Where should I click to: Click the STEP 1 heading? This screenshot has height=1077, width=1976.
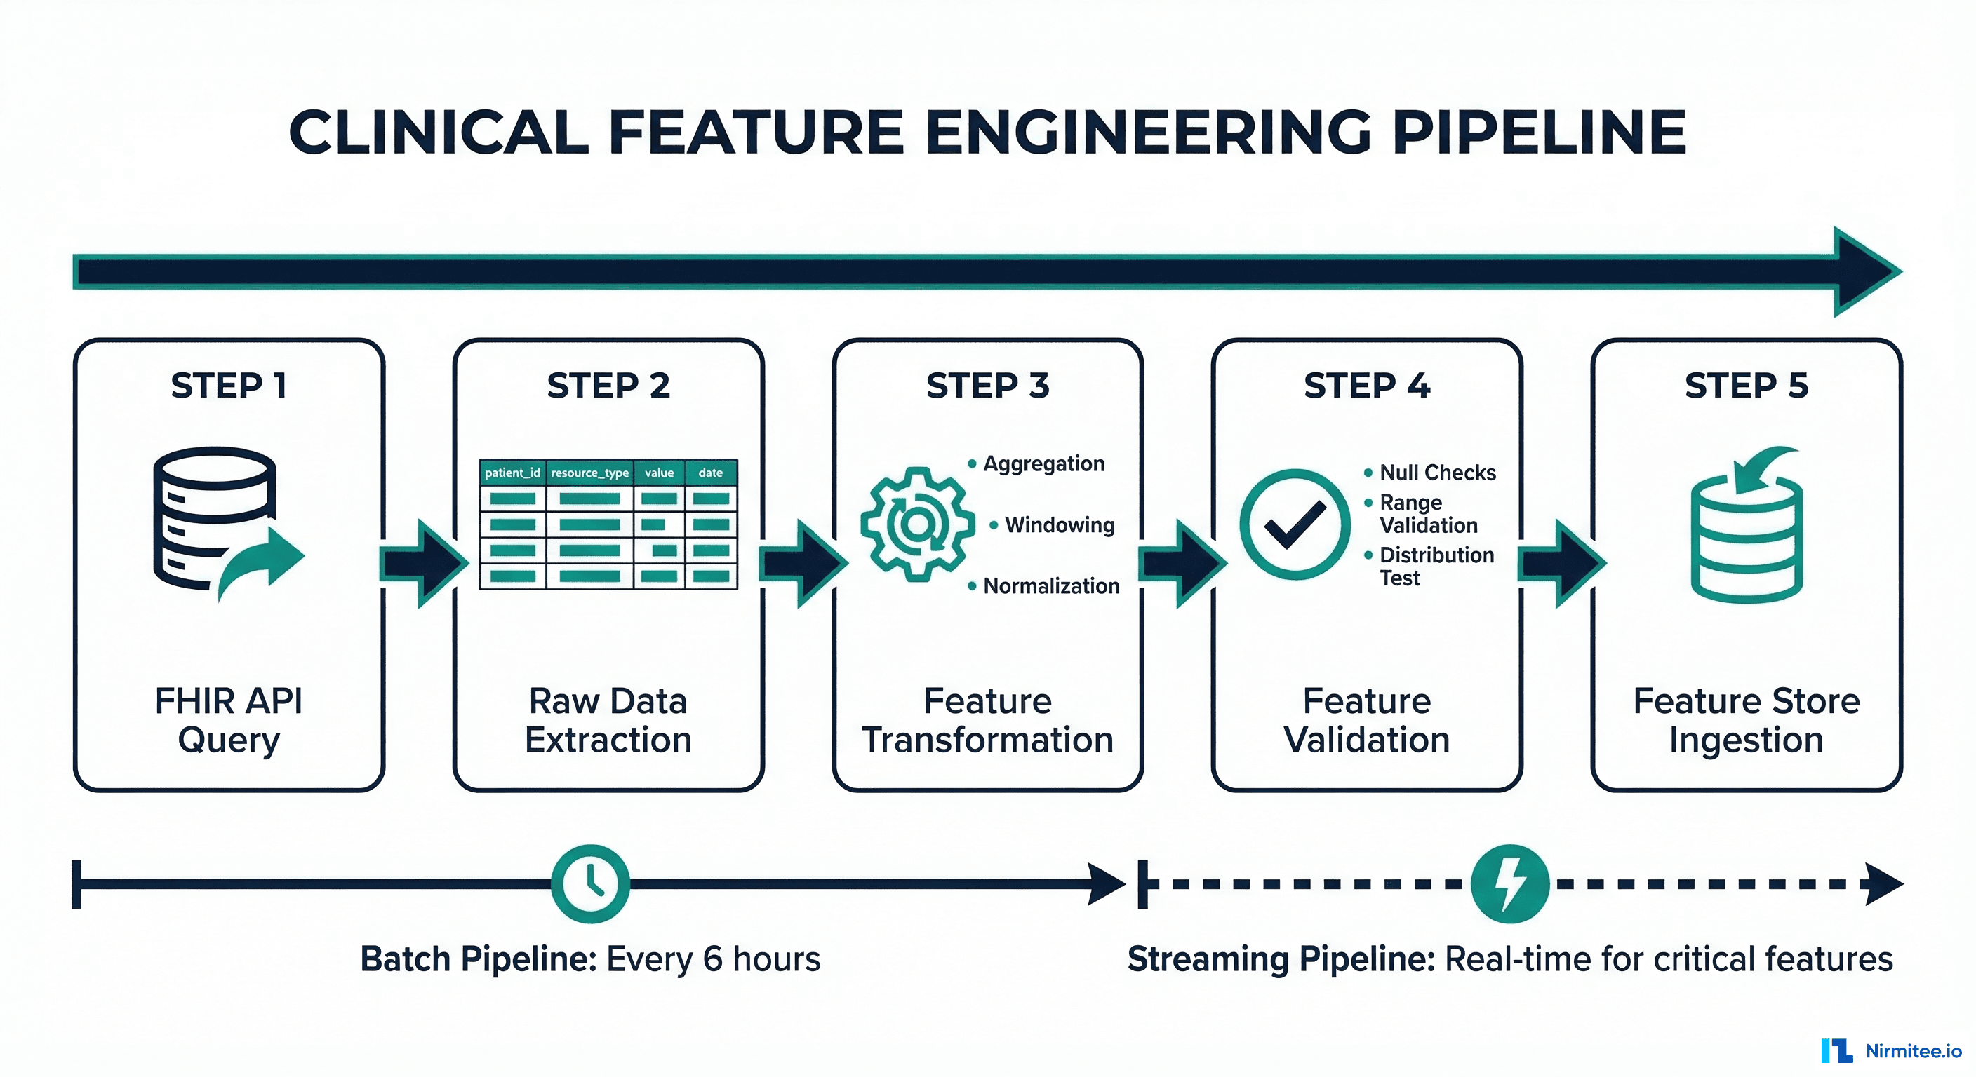tap(229, 386)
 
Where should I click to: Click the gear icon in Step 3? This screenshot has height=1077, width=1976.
tap(916, 524)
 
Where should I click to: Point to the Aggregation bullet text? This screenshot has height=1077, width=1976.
tap(1043, 463)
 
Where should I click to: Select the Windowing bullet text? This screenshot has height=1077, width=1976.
tap(1060, 525)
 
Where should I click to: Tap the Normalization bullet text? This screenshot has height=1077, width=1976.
tap(1051, 586)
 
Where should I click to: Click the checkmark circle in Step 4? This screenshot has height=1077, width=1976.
tap(1294, 524)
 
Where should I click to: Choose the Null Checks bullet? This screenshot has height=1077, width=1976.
tap(1437, 473)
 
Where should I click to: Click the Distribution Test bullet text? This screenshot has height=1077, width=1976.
tap(1436, 567)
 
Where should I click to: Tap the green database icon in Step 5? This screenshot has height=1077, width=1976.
tap(1747, 529)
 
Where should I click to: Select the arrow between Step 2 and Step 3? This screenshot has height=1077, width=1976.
tap(801, 564)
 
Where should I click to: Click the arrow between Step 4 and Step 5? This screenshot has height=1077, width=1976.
tap(1561, 564)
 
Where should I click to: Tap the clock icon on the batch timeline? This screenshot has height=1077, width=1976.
tap(590, 884)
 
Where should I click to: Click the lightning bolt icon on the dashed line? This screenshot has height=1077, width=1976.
tap(1509, 884)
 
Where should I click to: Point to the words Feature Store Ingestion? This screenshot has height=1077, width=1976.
tap(1746, 721)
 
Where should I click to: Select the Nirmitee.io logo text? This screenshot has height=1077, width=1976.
tap(1913, 1051)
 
